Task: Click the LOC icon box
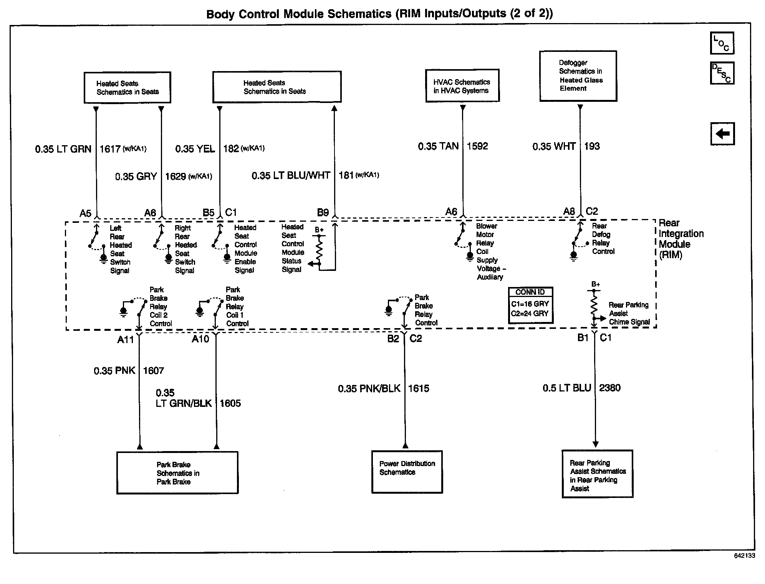coord(722,43)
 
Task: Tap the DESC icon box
coord(722,73)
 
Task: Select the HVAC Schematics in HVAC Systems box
coord(462,86)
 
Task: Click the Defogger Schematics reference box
coord(578,76)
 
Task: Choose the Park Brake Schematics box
coord(177,473)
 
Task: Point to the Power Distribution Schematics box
coord(407,472)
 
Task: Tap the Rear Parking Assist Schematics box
coord(597,474)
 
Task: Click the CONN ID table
coord(530,305)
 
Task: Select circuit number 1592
coord(477,146)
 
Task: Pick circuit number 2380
coord(610,388)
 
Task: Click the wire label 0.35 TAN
coord(438,146)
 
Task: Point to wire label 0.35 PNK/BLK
coord(369,388)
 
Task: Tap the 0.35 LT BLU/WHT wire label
coord(291,176)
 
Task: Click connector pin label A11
coord(126,339)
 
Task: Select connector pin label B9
coord(323,212)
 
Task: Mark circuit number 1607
coord(153,370)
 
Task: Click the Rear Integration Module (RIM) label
coord(681,239)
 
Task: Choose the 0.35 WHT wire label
coord(554,146)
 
